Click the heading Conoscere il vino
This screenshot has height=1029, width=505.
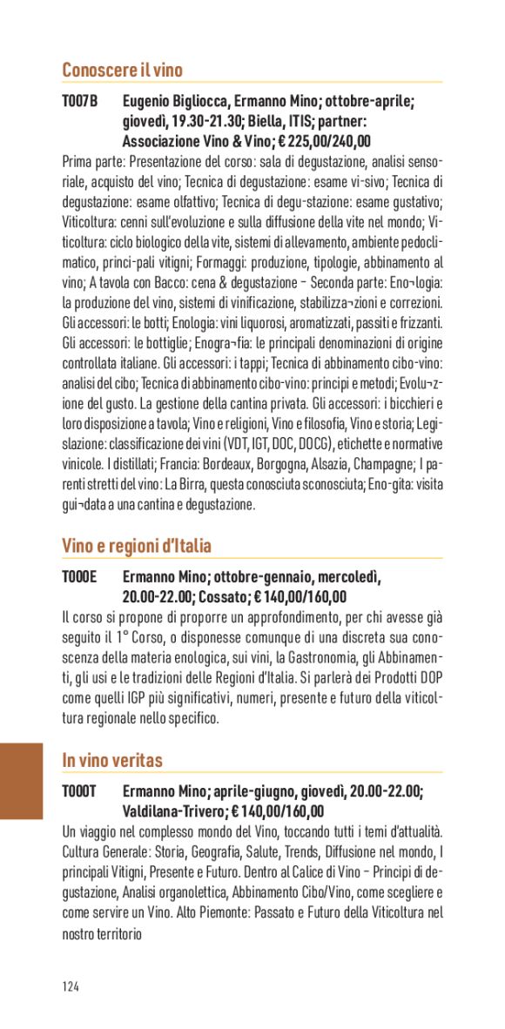point(122,71)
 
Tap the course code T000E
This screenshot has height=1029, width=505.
point(79,577)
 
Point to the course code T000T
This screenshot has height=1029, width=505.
point(79,791)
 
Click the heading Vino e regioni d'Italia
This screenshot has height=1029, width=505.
point(137,547)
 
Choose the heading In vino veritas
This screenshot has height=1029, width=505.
point(112,761)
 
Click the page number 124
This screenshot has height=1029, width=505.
point(71,986)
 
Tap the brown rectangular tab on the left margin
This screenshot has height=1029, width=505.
point(21,781)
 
